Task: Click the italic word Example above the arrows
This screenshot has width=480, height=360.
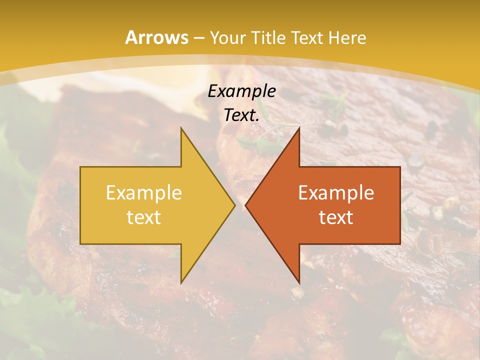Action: click(x=242, y=91)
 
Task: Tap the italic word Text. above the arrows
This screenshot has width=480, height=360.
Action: click(x=242, y=115)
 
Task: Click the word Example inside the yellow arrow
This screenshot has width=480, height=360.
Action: click(x=144, y=193)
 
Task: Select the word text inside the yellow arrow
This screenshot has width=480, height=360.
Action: click(x=144, y=217)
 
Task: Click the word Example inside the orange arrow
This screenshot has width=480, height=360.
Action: click(x=336, y=193)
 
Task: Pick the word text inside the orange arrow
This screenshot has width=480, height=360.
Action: click(x=336, y=217)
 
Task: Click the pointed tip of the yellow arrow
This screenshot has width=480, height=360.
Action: click(x=234, y=205)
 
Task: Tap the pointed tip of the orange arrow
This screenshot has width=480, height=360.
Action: click(x=246, y=205)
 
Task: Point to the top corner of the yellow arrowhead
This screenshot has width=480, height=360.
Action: click(x=181, y=128)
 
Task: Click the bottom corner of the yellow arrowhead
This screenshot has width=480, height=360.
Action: click(x=181, y=282)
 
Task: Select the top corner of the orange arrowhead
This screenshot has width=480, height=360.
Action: click(x=299, y=128)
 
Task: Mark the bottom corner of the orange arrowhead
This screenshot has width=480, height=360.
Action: click(x=299, y=282)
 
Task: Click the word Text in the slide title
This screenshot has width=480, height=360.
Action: click(x=308, y=38)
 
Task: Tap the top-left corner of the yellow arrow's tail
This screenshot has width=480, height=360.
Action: click(x=81, y=167)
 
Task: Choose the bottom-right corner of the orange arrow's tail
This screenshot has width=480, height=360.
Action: click(x=400, y=243)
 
